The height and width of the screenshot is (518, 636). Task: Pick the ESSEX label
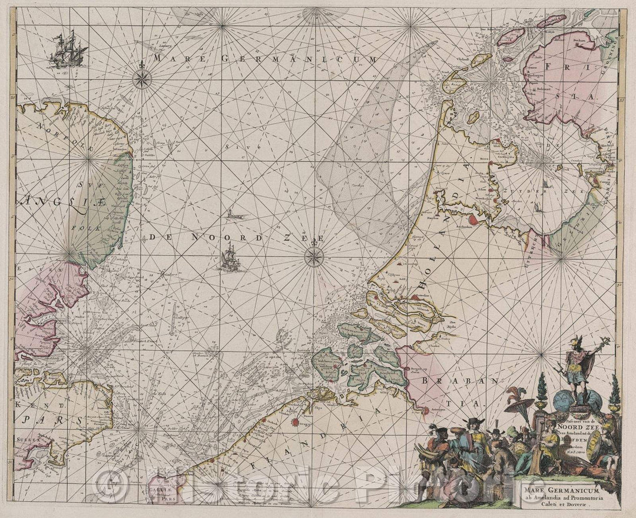click(x=32, y=270)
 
